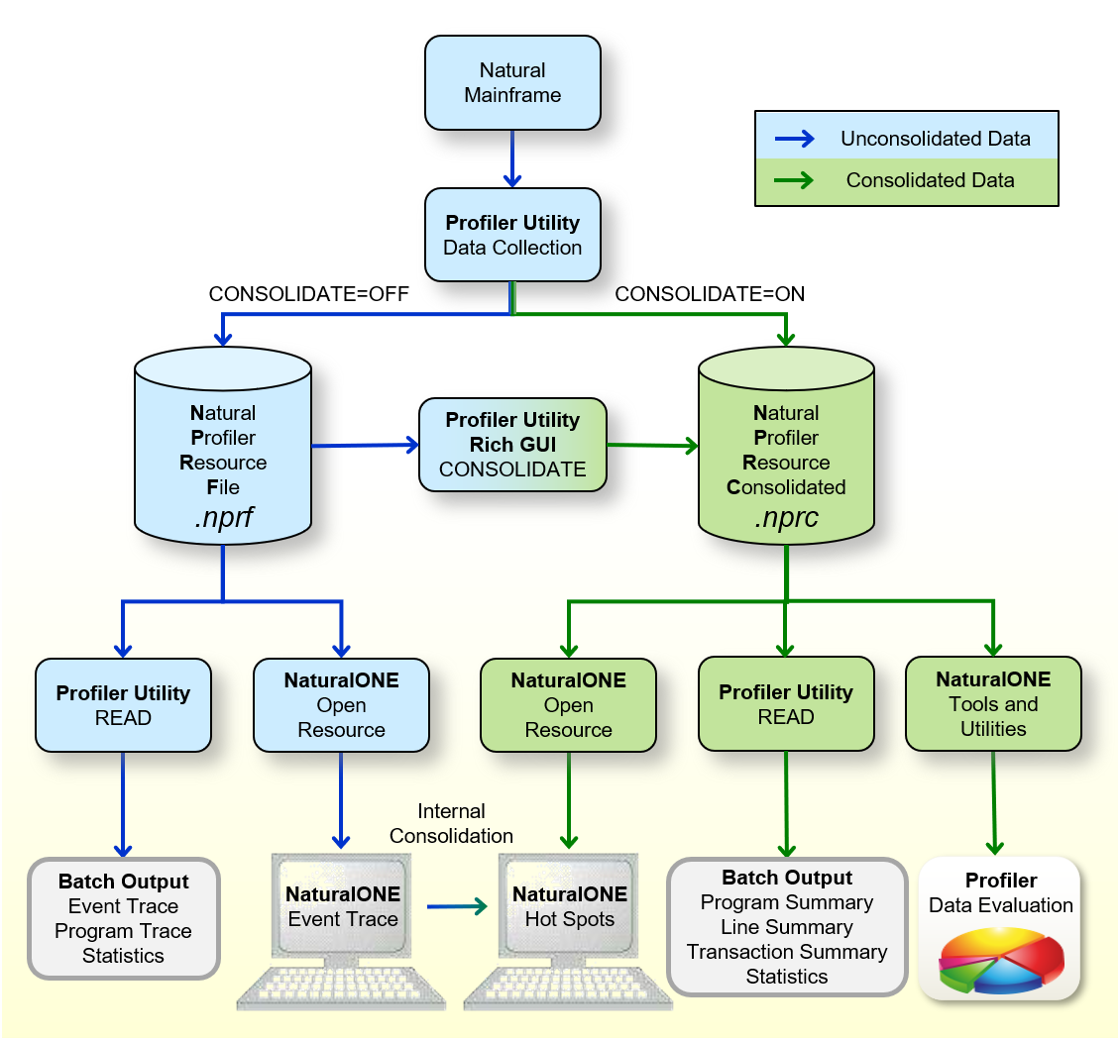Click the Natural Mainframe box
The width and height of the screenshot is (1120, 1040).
pyautogui.click(x=512, y=83)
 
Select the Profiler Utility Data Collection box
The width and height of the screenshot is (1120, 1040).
pyautogui.click(x=512, y=235)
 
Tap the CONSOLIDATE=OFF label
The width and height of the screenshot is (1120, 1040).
pyautogui.click(x=308, y=294)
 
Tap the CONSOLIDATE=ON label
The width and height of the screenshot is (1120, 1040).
pyautogui.click(x=710, y=294)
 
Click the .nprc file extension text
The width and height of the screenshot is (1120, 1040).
pyautogui.click(x=786, y=516)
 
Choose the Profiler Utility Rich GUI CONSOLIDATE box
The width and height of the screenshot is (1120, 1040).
pyautogui.click(x=512, y=445)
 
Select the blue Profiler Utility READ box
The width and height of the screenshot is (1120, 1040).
pyautogui.click(x=123, y=705)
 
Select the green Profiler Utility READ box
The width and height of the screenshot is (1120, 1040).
pyautogui.click(x=786, y=703)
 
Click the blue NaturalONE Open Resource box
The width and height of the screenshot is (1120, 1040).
pyautogui.click(x=341, y=705)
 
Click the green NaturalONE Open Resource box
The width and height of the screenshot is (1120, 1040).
pyautogui.click(x=568, y=705)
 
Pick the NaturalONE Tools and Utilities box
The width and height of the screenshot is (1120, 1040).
pyautogui.click(x=993, y=703)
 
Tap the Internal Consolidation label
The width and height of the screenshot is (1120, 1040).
pyautogui.click(x=451, y=824)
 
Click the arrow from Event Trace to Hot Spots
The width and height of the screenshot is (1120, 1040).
pyautogui.click(x=458, y=905)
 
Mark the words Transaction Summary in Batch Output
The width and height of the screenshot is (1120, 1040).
pyautogui.click(x=787, y=952)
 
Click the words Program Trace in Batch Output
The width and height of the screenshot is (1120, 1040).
pyautogui.click(x=123, y=931)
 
